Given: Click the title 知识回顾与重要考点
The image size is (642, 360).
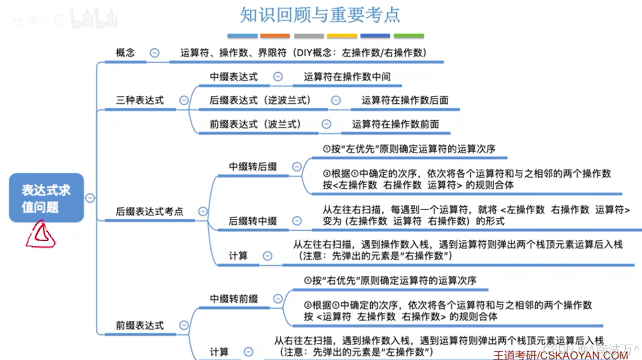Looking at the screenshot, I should coord(320,15).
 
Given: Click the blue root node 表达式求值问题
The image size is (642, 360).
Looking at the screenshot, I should coord(46,198).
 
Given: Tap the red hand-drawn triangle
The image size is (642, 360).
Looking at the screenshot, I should coord(41,236).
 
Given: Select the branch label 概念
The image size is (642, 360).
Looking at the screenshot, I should coord(125,53).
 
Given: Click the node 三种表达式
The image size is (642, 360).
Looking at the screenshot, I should coord(140,100).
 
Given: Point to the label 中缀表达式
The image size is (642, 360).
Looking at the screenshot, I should coord(233,77).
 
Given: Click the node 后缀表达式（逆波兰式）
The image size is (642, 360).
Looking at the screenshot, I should coord(260,100).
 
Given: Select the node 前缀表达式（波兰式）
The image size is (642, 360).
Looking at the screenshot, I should coord(255,124).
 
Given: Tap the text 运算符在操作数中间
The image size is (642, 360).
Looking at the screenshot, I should coord(347,77).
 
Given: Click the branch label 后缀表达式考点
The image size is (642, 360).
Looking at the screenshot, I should coord(149,211).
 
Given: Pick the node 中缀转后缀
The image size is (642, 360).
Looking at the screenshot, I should coord(253,167).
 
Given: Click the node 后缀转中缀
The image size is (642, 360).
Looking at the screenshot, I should coord(253,221).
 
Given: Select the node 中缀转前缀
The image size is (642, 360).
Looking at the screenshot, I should coord(234,299).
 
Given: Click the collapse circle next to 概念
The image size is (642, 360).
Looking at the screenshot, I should coord(155,53).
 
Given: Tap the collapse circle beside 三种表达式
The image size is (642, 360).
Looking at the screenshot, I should coord(184,100).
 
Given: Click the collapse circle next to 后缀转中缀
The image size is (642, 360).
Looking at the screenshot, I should coord(297,221).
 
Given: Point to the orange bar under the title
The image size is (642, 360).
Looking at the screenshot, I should coord(275,36).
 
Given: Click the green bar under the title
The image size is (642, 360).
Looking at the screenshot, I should coord(409,36).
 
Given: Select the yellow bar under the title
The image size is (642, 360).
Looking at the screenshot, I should coord(342,36).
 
